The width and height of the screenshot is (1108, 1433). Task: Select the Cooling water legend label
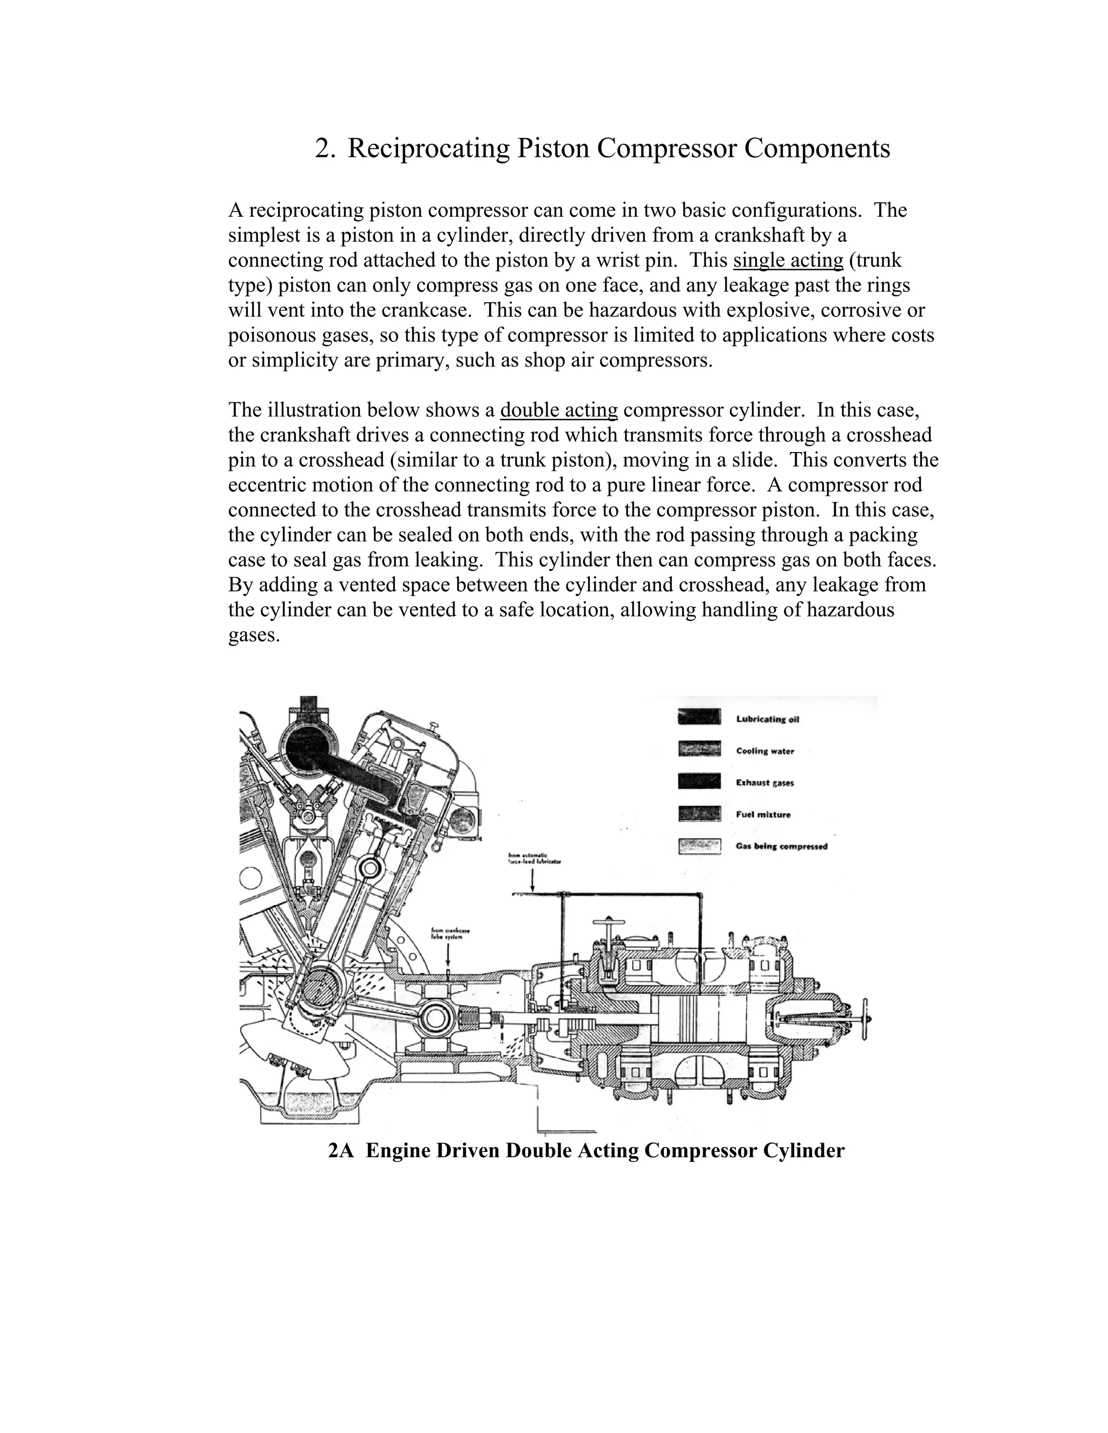764,751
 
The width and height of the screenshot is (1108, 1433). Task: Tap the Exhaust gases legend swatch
699,781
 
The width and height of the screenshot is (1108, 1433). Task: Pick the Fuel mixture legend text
763,814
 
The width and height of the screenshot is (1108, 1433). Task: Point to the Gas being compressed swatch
699,846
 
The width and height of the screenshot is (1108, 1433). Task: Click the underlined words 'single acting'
788,261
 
